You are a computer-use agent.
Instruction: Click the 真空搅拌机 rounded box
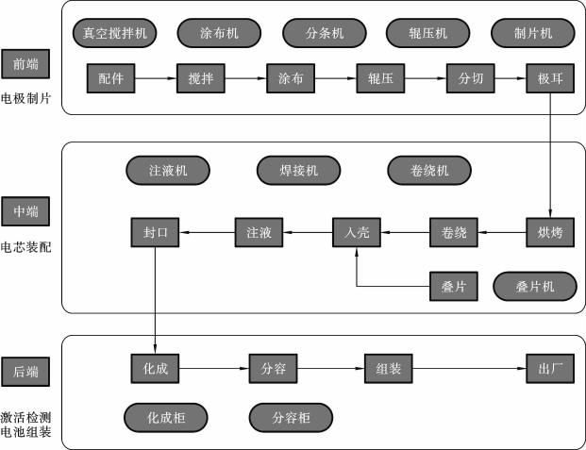click(115, 33)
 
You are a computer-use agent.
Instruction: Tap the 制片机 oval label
click(533, 33)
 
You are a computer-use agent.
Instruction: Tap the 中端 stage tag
click(26, 209)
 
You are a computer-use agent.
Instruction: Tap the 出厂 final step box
click(549, 369)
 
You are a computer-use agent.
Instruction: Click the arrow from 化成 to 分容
click(213, 369)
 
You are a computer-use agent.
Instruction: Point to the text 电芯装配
click(26, 249)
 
